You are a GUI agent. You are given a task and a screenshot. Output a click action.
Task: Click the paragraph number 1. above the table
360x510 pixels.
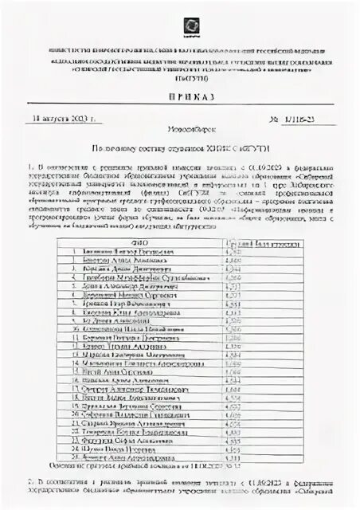[62, 163]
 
